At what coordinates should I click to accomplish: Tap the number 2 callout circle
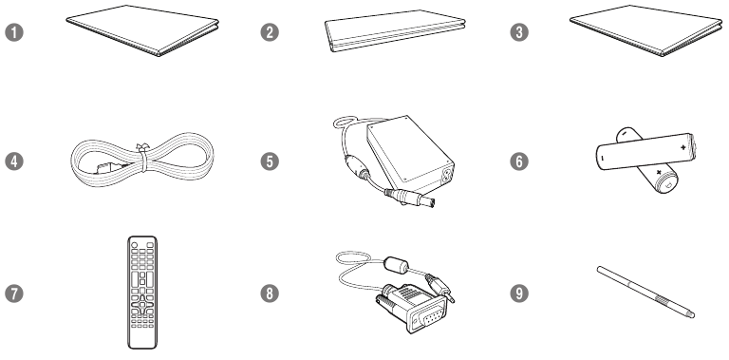click(x=272, y=33)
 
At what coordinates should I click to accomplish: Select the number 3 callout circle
click(x=518, y=33)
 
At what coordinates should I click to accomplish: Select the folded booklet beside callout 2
click(x=395, y=34)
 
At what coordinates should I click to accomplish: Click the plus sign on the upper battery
click(x=682, y=149)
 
